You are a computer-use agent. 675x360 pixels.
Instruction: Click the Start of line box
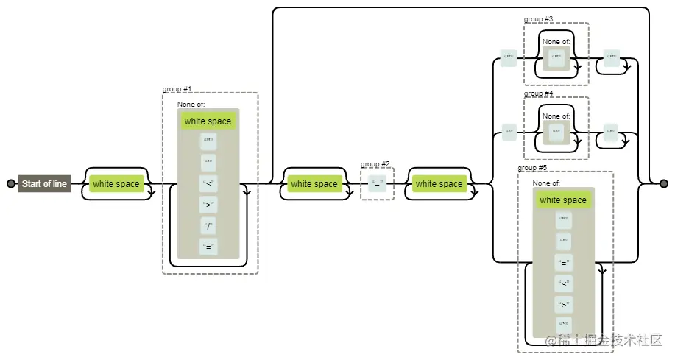coord(44,184)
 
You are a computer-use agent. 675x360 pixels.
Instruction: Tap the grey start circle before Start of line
coord(10,184)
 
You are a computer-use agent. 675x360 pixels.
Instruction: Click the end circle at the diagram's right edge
coord(664,183)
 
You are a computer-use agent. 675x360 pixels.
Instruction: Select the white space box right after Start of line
coord(116,184)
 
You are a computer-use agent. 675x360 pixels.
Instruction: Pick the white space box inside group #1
coord(208,121)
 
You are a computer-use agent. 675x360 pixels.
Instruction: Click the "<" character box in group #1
coord(208,184)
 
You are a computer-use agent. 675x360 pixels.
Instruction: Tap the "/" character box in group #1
coord(208,225)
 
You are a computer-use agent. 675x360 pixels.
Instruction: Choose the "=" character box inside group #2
coord(378,184)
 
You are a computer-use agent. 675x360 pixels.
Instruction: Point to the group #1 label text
coord(177,89)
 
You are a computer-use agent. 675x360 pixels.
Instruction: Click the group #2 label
coord(375,164)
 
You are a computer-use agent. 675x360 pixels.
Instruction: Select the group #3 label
coord(538,19)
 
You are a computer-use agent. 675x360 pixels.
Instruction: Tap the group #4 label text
coord(538,93)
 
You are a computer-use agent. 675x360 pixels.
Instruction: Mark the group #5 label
coord(532,168)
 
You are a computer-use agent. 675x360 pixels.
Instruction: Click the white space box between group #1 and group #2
coord(314,184)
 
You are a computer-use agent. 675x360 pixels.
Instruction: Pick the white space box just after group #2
coord(439,184)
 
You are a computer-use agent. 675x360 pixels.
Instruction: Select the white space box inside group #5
coord(563,200)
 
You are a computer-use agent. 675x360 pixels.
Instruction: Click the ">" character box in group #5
coord(564,303)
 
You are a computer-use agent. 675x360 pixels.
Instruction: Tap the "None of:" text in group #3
coord(556,42)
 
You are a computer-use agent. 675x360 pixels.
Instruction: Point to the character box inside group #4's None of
coord(556,132)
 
